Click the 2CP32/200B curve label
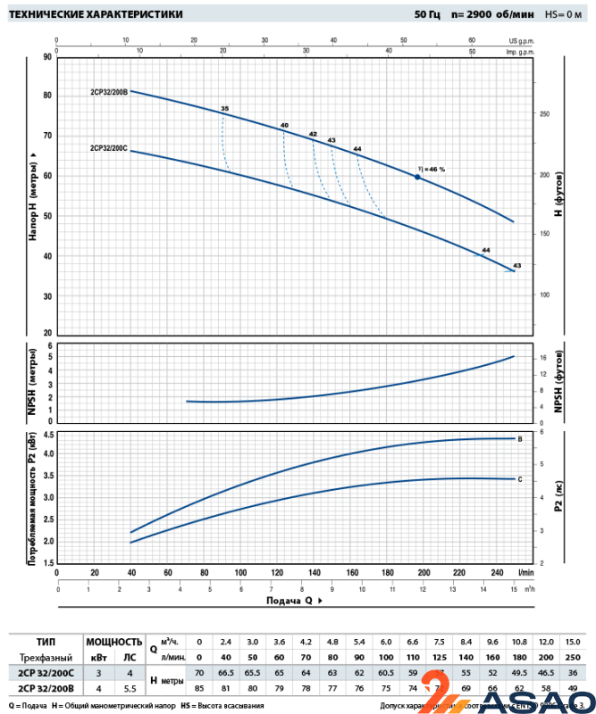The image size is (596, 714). click(x=109, y=91)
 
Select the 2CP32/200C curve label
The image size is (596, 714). click(x=109, y=147)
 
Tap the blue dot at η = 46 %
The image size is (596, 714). click(x=416, y=178)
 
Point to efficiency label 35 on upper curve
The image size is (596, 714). click(x=224, y=109)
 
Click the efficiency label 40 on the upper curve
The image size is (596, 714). click(x=284, y=125)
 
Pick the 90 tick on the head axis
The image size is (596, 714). click(x=46, y=56)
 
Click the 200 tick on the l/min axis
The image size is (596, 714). click(x=424, y=572)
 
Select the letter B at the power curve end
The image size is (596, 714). click(x=520, y=439)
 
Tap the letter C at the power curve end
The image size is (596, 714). click(x=520, y=479)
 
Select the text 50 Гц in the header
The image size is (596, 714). click(x=428, y=14)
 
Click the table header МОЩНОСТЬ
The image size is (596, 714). click(x=113, y=641)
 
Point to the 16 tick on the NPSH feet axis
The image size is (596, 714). click(x=542, y=358)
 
